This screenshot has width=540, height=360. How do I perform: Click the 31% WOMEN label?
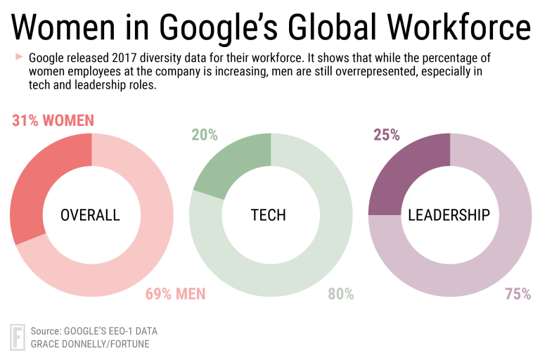click(x=53, y=120)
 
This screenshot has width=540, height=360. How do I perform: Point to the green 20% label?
click(x=204, y=134)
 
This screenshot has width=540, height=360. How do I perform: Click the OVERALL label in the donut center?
click(x=91, y=215)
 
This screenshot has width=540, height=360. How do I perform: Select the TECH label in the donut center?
click(x=269, y=215)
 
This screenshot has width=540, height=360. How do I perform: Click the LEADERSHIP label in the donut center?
click(x=449, y=215)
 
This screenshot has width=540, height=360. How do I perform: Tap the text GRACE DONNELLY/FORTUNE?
click(x=90, y=344)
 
